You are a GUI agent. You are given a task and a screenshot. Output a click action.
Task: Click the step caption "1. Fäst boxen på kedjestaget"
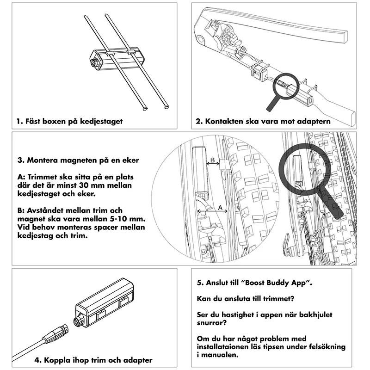tap(69, 122)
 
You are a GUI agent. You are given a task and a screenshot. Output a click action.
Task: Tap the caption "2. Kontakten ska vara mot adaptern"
tap(263, 122)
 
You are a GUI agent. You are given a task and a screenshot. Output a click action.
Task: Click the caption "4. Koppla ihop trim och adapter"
tap(93, 359)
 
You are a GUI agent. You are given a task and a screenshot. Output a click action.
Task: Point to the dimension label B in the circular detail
tap(212, 160)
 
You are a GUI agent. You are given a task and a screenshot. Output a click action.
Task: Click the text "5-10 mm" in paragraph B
tap(132, 218)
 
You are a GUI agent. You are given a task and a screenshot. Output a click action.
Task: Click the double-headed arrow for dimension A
tap(212, 211)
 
